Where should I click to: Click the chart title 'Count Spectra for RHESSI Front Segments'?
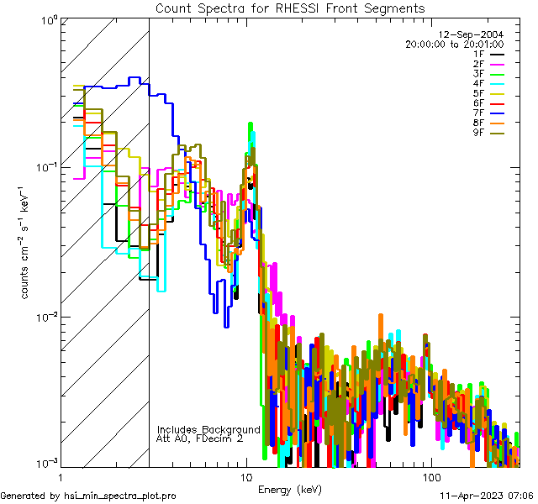click(290, 8)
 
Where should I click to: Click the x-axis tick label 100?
click(430, 477)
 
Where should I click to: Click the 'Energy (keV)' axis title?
click(290, 489)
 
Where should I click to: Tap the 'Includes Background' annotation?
click(208, 429)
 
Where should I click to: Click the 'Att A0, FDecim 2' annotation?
click(199, 438)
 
